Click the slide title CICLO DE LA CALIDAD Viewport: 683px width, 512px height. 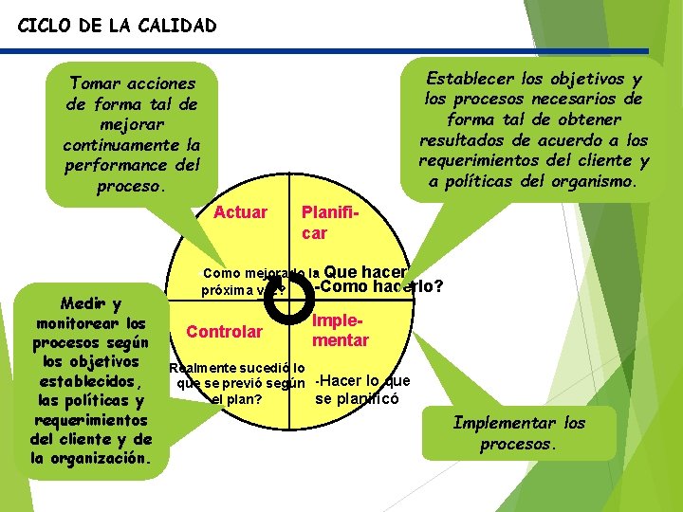(x=117, y=26)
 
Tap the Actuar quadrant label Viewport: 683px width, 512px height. (x=240, y=212)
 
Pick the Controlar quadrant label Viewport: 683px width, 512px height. (x=224, y=332)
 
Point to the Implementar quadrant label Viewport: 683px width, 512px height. (x=340, y=330)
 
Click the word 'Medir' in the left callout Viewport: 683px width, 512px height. (x=78, y=303)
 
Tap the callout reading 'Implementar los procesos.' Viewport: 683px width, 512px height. (x=519, y=433)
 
